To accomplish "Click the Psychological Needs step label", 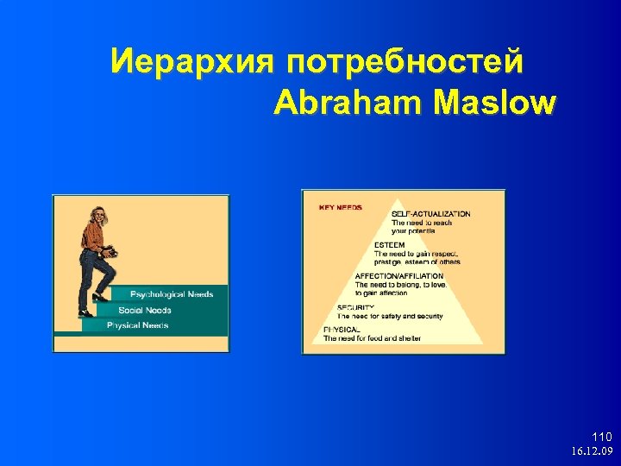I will [172, 294].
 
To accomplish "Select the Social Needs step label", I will [145, 310].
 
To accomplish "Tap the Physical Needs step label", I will [138, 325].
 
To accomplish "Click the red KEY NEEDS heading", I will [341, 207].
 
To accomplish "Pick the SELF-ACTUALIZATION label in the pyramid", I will [430, 214].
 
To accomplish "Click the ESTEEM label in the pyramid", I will [389, 245].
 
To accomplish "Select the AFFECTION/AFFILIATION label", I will [399, 276].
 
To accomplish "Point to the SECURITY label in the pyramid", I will [355, 307].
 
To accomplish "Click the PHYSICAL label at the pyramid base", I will [342, 330].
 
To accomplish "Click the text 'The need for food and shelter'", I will [373, 338].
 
